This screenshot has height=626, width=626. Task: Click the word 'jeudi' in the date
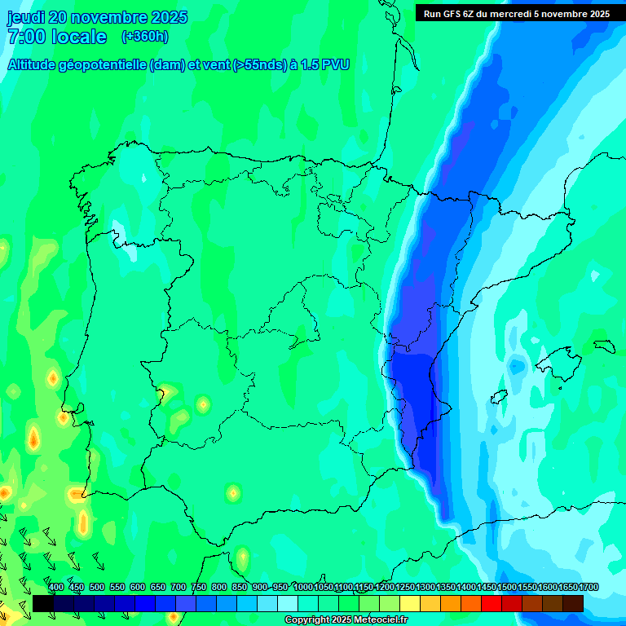pyautogui.click(x=26, y=17)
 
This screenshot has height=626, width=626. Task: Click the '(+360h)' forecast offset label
pyautogui.click(x=145, y=37)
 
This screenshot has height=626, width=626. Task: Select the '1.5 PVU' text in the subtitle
pyautogui.click(x=325, y=65)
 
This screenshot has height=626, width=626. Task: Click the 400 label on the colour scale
pyautogui.click(x=56, y=587)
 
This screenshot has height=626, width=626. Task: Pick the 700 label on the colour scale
pyautogui.click(x=179, y=587)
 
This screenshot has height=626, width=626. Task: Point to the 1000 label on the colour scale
pyautogui.click(x=302, y=587)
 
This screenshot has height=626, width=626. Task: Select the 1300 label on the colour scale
pyautogui.click(x=425, y=587)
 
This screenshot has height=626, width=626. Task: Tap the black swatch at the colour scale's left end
pyautogui.click(x=43, y=603)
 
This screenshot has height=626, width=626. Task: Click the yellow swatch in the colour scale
pyautogui.click(x=410, y=603)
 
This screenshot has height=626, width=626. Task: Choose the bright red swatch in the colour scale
pyautogui.click(x=492, y=603)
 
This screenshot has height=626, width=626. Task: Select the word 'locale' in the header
pyautogui.click(x=78, y=37)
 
